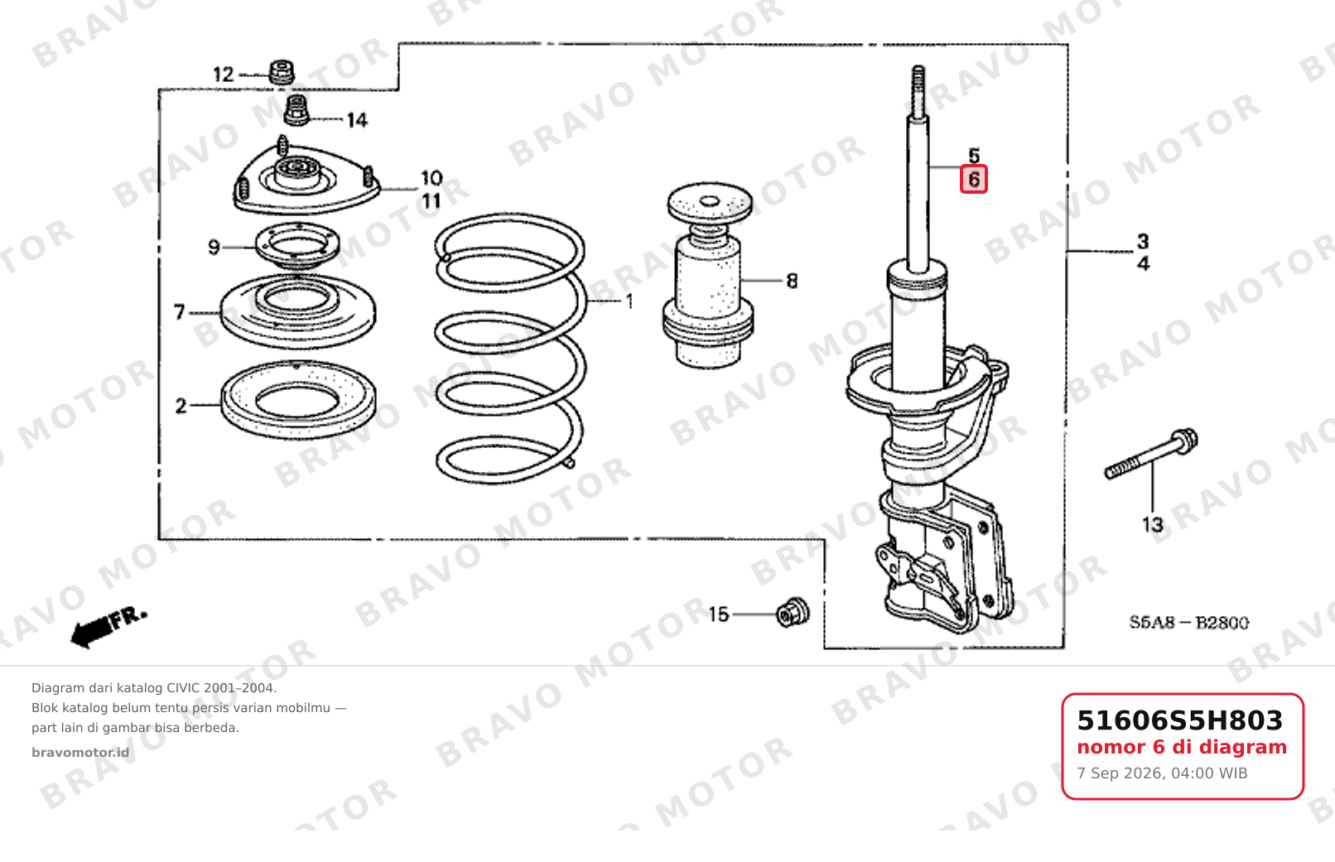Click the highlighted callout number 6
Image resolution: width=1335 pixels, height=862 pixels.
click(973, 180)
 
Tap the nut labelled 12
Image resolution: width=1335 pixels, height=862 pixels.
click(282, 73)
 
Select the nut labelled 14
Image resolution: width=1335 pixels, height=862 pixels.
click(296, 110)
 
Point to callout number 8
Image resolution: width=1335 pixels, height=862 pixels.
click(792, 281)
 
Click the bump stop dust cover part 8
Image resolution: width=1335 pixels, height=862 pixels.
click(709, 275)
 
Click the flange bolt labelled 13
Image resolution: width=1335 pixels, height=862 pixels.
click(1151, 454)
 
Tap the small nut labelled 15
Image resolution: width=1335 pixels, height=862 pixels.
click(793, 613)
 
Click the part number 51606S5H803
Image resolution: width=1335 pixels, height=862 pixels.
click(1179, 720)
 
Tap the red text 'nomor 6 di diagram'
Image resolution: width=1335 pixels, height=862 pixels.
click(1182, 747)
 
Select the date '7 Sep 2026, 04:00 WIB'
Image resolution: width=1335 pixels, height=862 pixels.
click(1162, 773)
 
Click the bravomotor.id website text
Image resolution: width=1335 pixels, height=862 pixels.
click(80, 753)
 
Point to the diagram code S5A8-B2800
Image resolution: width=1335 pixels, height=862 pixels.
click(1189, 623)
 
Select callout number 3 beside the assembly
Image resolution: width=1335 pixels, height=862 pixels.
click(1143, 241)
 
